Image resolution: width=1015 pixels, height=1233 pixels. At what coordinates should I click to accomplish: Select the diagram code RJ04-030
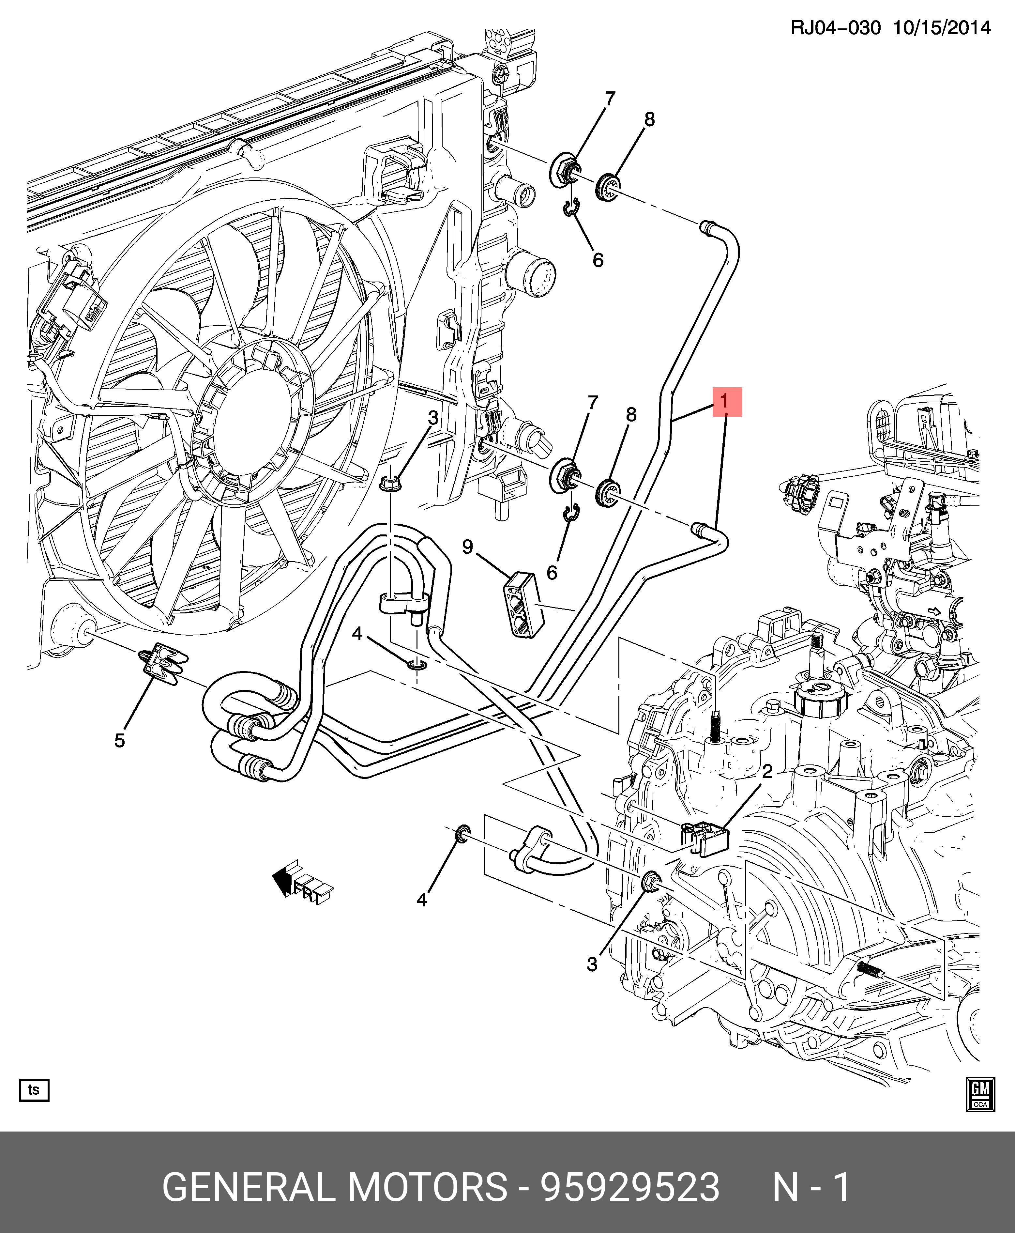click(x=835, y=27)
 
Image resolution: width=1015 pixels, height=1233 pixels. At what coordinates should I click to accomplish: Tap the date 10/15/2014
click(x=941, y=27)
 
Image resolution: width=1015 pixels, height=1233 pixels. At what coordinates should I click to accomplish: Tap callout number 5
click(x=119, y=741)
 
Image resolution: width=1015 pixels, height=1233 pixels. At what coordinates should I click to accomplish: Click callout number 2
click(x=767, y=772)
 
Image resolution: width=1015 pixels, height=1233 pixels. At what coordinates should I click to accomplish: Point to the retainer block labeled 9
click(x=523, y=605)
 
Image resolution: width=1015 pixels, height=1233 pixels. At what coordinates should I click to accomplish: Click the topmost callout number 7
click(x=610, y=98)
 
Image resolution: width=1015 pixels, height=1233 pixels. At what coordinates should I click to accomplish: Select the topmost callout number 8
click(x=649, y=119)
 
